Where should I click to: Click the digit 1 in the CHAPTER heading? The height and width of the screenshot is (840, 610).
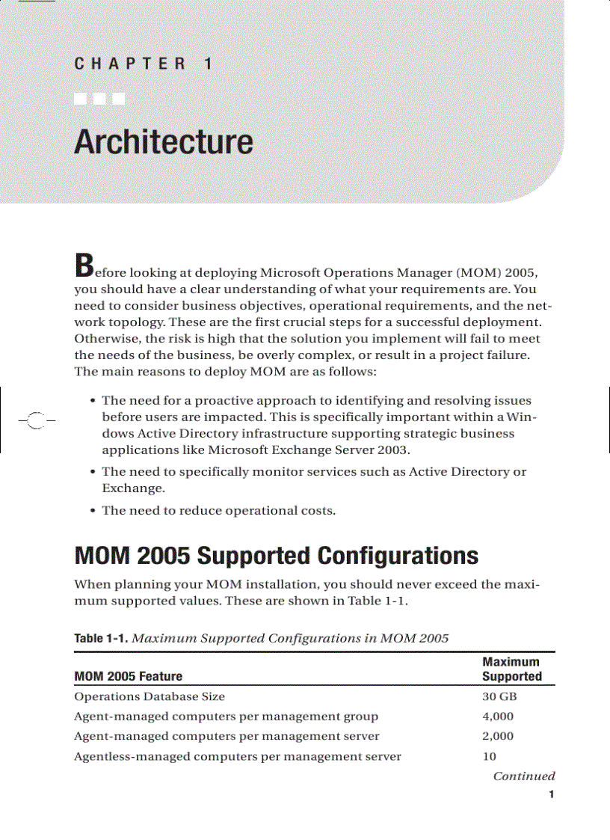208,64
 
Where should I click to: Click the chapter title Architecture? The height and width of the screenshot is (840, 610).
163,142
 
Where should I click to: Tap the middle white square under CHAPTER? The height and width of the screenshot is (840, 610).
99,98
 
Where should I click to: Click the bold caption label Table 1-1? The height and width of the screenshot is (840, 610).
99,638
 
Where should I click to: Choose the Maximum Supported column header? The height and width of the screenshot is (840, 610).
511,669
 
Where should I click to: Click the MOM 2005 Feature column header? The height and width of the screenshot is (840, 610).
128,676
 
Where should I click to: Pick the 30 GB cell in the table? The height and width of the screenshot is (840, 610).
499,697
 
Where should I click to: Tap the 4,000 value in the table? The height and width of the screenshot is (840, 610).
498,717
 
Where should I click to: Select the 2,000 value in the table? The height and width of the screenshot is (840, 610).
498,736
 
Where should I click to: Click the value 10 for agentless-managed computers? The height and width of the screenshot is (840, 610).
490,756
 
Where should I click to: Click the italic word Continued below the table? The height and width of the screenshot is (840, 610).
523,776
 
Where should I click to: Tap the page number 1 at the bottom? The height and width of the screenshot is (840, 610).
551,794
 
